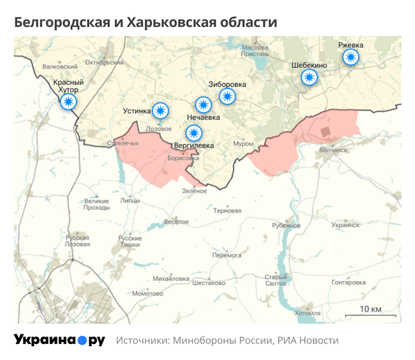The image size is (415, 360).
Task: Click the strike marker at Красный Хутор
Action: [68, 102]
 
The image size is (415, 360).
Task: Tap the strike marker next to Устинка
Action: [160, 110]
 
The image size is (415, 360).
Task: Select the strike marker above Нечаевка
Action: [203, 105]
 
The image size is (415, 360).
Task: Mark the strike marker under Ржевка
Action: [351, 57]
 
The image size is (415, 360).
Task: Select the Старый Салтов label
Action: [275, 280]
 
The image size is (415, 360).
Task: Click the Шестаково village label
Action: [208, 282]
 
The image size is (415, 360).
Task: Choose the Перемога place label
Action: [226, 255]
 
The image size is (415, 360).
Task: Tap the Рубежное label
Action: [286, 226]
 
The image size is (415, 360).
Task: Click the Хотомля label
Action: [307, 313]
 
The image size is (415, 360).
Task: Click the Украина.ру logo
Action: [59, 340]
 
